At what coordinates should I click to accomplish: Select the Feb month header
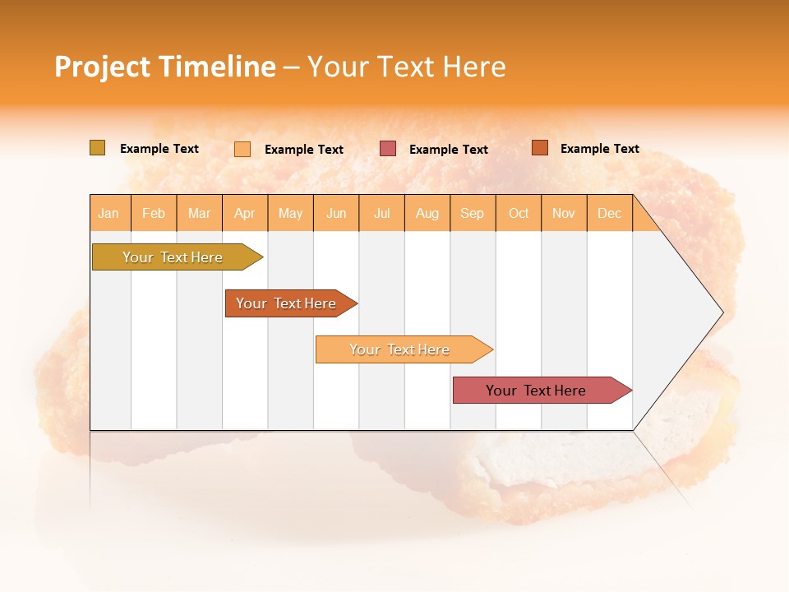tap(154, 213)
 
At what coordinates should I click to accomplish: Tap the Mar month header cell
tap(199, 213)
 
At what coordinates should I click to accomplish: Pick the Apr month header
tap(245, 213)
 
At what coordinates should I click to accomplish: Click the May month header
tap(290, 213)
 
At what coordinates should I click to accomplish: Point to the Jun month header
tap(336, 213)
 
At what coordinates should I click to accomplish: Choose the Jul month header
tap(381, 213)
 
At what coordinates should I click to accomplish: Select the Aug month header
tap(427, 213)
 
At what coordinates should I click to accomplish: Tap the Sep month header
tap(473, 213)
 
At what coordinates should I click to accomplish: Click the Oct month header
tap(519, 213)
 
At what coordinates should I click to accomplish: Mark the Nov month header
tap(564, 213)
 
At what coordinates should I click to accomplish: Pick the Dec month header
tap(610, 213)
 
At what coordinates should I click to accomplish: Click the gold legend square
tap(97, 148)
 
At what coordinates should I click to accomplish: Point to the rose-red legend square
tap(388, 149)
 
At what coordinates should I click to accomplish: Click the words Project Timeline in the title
tap(165, 67)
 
